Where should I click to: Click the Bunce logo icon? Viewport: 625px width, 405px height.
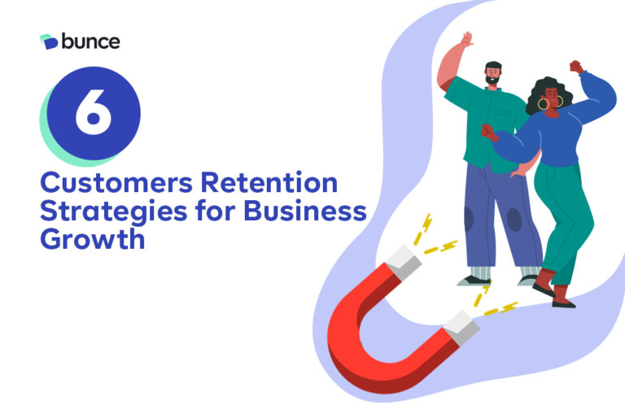point(49,41)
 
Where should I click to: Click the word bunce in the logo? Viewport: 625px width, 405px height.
point(90,41)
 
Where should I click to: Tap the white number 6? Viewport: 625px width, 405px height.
point(94,111)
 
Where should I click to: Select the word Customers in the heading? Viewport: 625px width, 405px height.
point(116,183)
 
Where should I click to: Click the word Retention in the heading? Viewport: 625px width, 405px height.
point(269,182)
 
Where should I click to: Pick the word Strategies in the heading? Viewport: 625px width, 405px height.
point(114,211)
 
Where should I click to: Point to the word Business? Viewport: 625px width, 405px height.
point(305,211)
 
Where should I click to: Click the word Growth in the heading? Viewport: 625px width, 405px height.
point(93,239)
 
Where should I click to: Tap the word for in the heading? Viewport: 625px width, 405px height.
point(215,211)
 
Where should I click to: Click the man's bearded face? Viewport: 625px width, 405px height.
point(493,74)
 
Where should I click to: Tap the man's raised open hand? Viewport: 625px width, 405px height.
point(466,39)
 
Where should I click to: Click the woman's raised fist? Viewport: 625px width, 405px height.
point(576,67)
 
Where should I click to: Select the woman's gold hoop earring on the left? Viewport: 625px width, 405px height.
point(543,104)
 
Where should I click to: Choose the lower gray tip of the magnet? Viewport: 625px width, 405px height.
point(461,328)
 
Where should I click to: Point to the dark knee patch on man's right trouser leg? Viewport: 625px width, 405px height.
point(514,220)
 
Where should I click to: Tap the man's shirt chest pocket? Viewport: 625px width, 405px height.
point(503,113)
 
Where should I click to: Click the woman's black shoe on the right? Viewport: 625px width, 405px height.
point(564,304)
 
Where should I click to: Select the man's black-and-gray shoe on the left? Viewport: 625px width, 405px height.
point(474,281)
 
